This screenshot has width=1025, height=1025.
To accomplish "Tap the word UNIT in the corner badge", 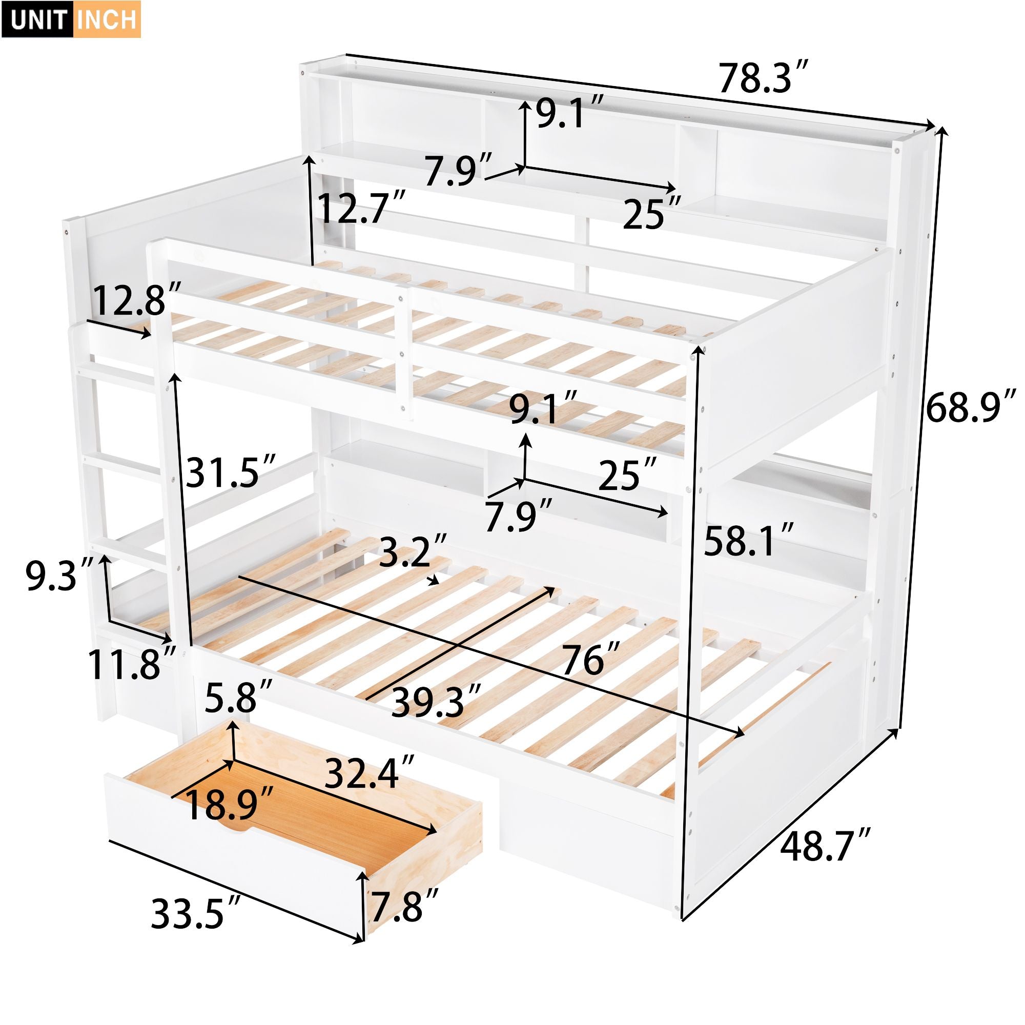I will point(39,19).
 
